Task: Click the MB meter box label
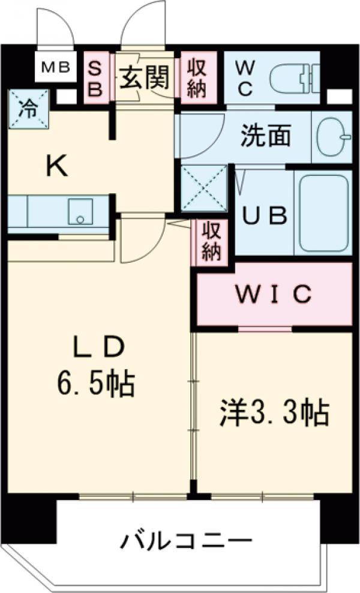tap(56, 68)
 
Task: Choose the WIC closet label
tap(273, 294)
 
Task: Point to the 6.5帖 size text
tap(96, 382)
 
